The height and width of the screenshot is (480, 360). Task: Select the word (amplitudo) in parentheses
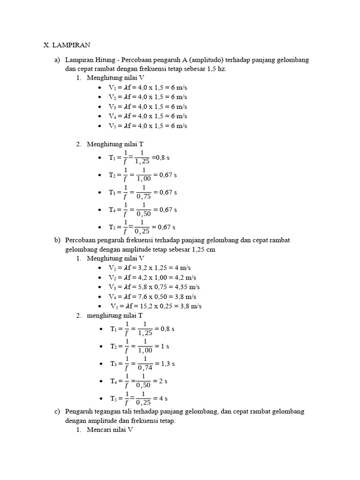click(206, 60)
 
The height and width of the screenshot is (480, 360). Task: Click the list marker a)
click(57, 60)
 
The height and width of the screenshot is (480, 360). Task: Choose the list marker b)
click(57, 240)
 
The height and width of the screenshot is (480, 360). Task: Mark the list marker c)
click(57, 412)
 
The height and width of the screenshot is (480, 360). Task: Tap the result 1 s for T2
click(165, 346)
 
